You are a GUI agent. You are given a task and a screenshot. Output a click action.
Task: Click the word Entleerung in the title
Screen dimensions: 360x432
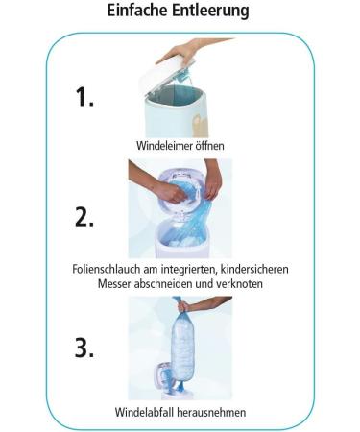[x=211, y=11]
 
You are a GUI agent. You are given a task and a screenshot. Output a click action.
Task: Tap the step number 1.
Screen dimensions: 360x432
[x=84, y=97]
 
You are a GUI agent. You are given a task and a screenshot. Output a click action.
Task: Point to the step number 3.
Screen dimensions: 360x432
[x=84, y=348]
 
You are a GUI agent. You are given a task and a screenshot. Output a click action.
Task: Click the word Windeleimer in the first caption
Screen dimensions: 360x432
[x=161, y=146]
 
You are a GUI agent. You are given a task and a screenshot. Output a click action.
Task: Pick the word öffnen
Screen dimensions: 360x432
[x=206, y=146]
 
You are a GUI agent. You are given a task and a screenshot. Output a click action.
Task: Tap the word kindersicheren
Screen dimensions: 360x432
[x=254, y=269]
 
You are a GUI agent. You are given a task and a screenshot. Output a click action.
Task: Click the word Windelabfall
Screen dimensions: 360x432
[x=144, y=412]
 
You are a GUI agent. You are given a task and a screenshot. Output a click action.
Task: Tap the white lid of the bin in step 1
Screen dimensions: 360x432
[x=166, y=74]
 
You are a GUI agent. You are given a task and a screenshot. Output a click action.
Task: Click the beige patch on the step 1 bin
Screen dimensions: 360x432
[x=201, y=124]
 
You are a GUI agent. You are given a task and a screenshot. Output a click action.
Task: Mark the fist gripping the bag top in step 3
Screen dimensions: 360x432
[x=183, y=306]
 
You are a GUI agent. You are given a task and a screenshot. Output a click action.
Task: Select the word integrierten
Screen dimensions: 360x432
[x=186, y=269]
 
